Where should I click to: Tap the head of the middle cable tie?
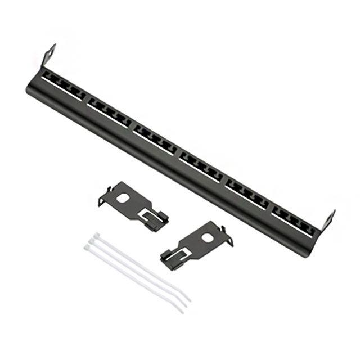[92, 240]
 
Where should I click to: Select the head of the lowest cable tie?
[89, 246]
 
